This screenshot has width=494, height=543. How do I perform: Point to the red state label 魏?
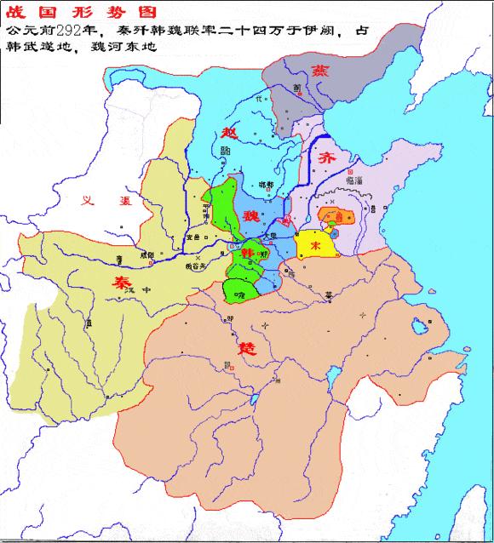pyautogui.click(x=251, y=214)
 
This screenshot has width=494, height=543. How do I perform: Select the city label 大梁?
pyautogui.click(x=270, y=237)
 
